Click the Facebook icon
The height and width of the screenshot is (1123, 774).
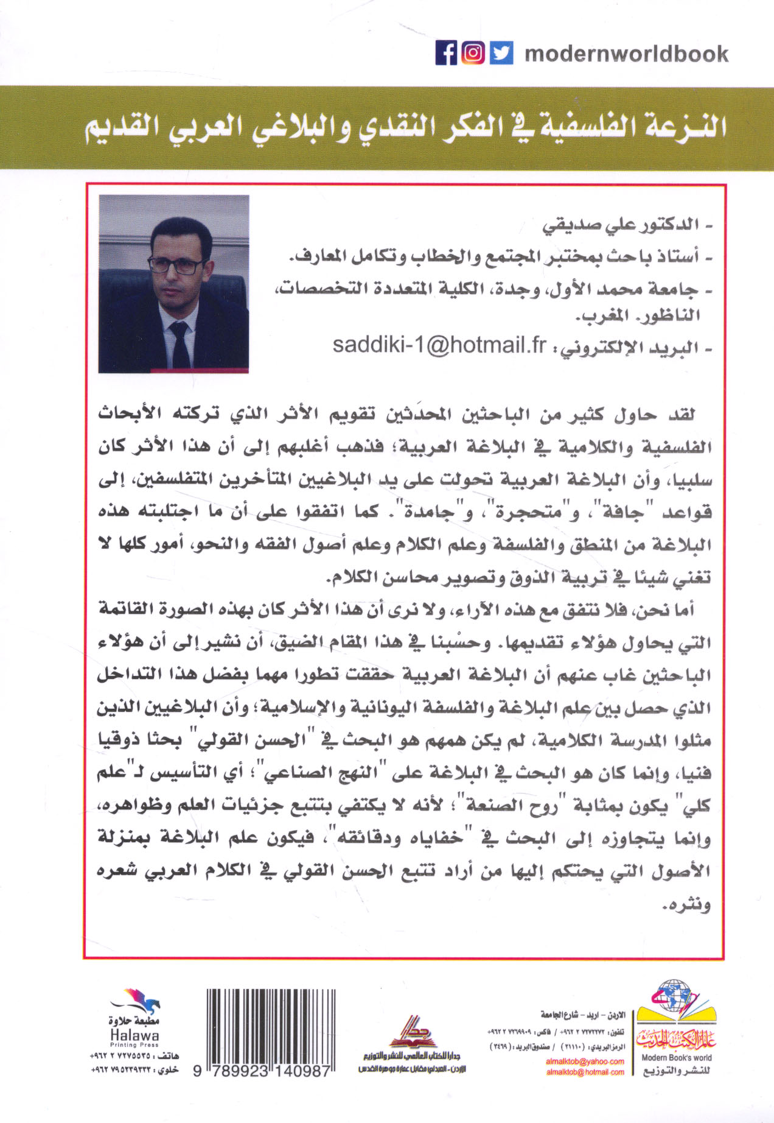coord(446,53)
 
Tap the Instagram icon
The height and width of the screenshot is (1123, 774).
coord(473,53)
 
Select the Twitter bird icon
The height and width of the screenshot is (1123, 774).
coord(501,53)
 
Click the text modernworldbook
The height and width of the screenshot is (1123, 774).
coord(626,54)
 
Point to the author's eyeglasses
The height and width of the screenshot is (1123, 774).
coord(176,264)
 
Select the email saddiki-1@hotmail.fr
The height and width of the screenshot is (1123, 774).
coord(440,345)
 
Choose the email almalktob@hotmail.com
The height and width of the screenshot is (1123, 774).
coord(585,1072)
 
